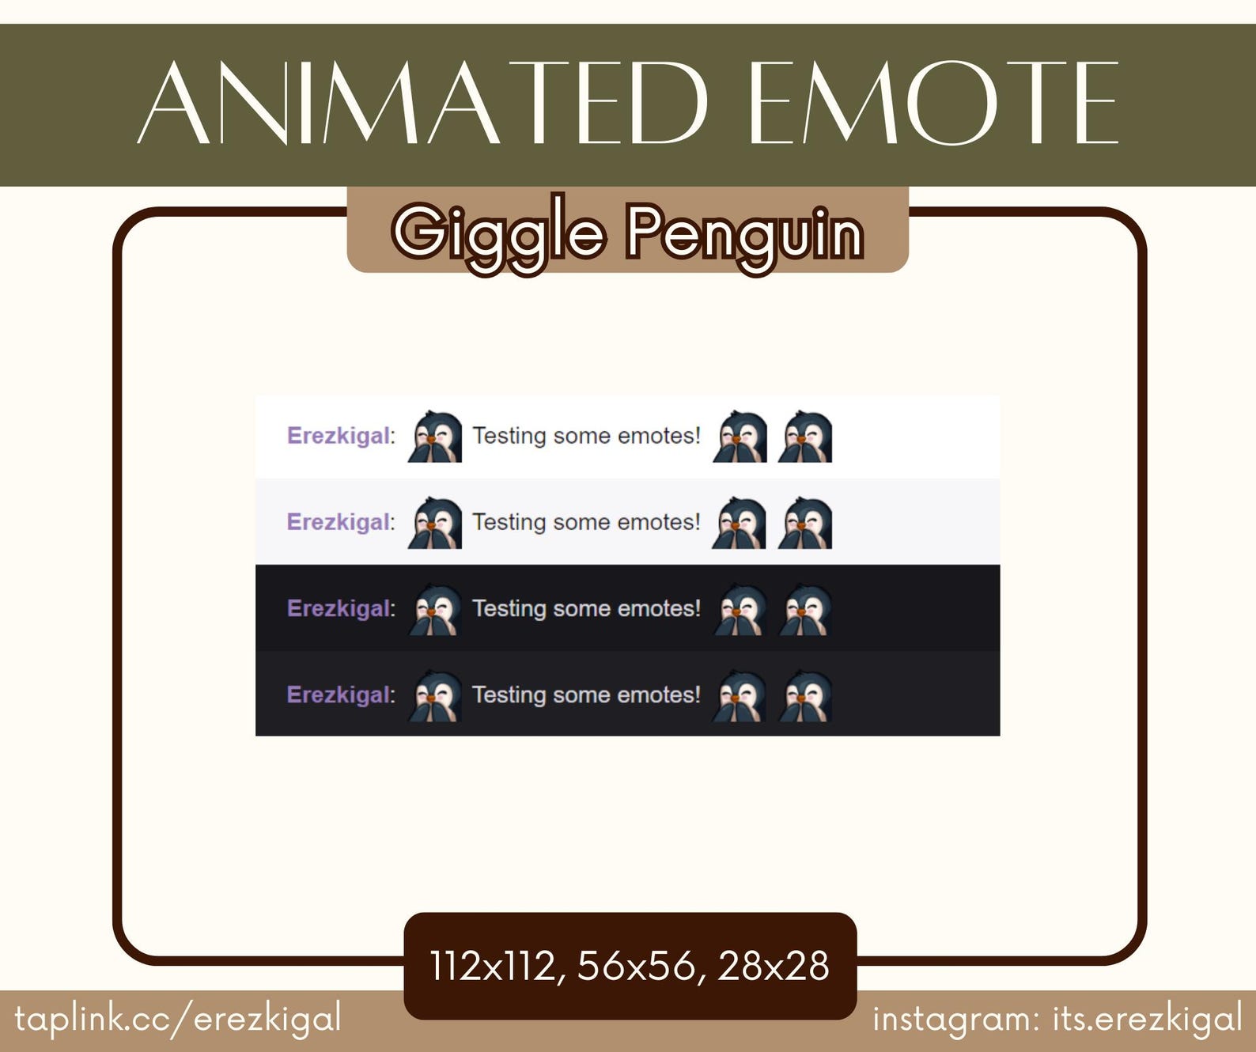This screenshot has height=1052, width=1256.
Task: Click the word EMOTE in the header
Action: coord(933,104)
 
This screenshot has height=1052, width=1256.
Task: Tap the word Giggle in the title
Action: coord(499,233)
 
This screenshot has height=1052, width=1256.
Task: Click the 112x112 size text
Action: coord(497,966)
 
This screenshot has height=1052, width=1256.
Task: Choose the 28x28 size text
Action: coord(773,966)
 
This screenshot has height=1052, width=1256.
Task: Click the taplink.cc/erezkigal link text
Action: coord(178,1018)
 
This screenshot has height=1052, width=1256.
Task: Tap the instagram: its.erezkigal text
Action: coord(1057,1019)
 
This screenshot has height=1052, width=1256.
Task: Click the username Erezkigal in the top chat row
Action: coord(339,436)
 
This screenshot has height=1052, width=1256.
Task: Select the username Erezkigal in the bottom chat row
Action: coord(339,694)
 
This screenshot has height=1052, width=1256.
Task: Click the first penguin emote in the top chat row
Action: coord(435,437)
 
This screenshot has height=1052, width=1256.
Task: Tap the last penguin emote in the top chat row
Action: coord(805,437)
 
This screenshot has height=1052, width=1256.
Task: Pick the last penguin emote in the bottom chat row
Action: coord(805,696)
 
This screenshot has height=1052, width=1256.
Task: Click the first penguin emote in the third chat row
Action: coord(435,610)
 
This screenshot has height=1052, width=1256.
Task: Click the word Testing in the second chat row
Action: coord(509,523)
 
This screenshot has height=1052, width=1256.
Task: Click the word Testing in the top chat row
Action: coord(509,436)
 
